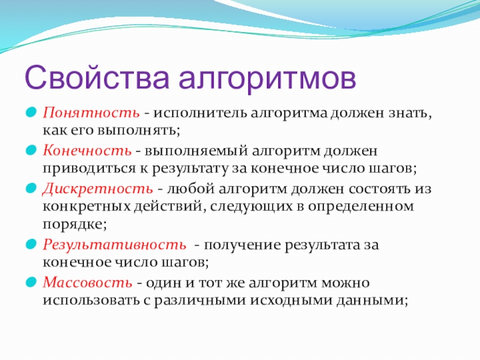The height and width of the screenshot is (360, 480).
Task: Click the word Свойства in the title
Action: tap(97, 77)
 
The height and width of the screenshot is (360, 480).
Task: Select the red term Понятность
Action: tap(91, 113)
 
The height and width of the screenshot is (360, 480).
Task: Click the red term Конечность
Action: tap(87, 151)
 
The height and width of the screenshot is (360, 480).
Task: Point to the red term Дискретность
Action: tap(98, 189)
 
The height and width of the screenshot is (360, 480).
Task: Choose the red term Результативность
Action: tap(115, 245)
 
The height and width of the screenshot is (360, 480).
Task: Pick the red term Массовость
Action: tap(88, 282)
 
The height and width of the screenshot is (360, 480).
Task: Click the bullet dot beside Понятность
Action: tap(31, 112)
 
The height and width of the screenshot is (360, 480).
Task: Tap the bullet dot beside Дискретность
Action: tap(31, 188)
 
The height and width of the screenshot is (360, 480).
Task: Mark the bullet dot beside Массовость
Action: tap(31, 281)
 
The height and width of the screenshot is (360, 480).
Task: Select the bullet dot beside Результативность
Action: tap(31, 244)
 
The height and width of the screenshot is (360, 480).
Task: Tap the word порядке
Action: tap(74, 224)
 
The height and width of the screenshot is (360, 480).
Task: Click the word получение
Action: tap(242, 245)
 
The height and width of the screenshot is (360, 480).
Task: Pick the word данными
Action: tap(372, 301)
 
